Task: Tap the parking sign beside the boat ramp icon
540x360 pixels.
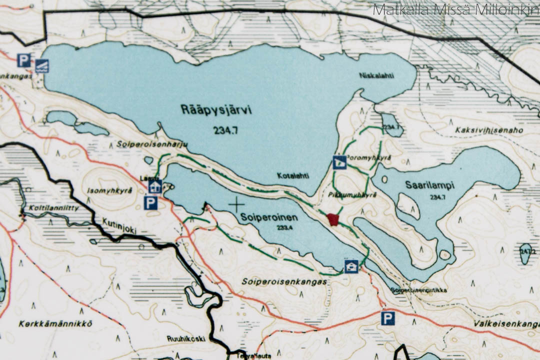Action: tap(23, 60)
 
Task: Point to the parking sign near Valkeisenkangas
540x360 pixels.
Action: tap(387, 318)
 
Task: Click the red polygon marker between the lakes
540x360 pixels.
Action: tap(333, 219)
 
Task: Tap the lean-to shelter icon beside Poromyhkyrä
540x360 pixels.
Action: tap(339, 161)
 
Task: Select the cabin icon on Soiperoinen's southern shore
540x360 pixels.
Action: tap(351, 266)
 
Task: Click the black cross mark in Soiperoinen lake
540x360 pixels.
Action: tap(236, 203)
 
